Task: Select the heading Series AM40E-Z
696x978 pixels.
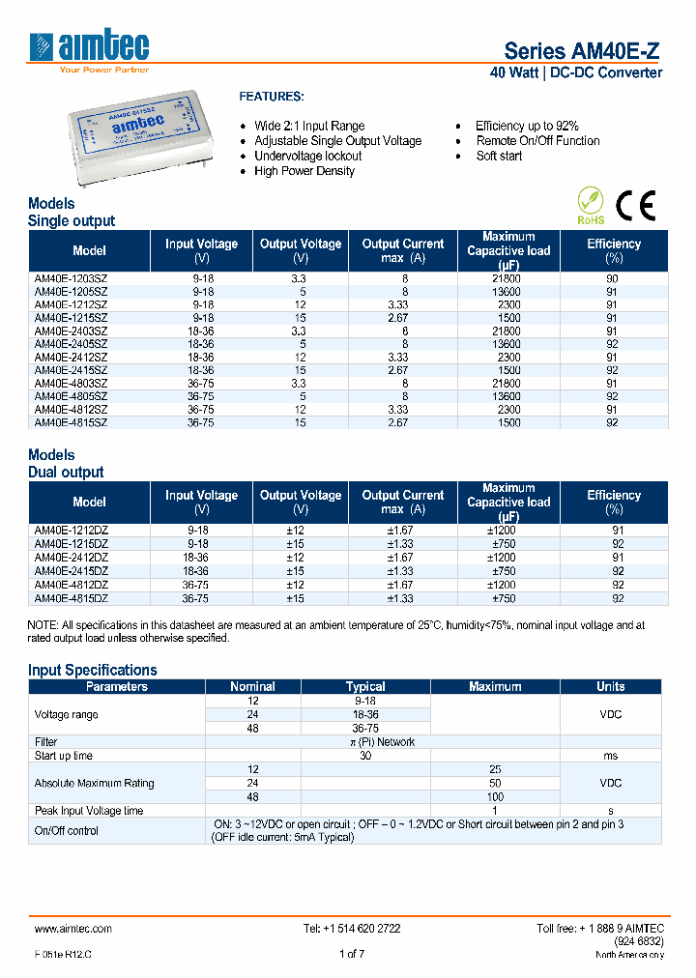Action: [x=583, y=52]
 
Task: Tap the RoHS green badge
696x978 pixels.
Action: [x=591, y=206]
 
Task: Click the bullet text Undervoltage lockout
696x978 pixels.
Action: [x=307, y=156]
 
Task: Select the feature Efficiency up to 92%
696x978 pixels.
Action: [x=527, y=126]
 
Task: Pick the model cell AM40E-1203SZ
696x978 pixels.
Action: [x=72, y=278]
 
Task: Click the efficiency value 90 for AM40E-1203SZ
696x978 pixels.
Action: [x=612, y=278]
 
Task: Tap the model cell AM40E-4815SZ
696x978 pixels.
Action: [x=72, y=422]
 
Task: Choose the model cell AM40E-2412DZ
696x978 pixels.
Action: [x=72, y=558]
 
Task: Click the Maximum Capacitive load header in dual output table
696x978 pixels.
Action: [x=508, y=503]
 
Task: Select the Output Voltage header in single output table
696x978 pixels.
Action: [x=301, y=250]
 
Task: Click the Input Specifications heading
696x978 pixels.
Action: [x=93, y=670]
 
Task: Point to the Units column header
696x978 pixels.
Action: [x=610, y=687]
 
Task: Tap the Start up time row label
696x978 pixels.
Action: [x=64, y=756]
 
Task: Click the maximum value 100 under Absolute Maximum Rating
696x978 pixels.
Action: [x=495, y=797]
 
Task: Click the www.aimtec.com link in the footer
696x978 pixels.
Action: [x=73, y=928]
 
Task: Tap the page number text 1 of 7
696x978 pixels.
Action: [x=352, y=954]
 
